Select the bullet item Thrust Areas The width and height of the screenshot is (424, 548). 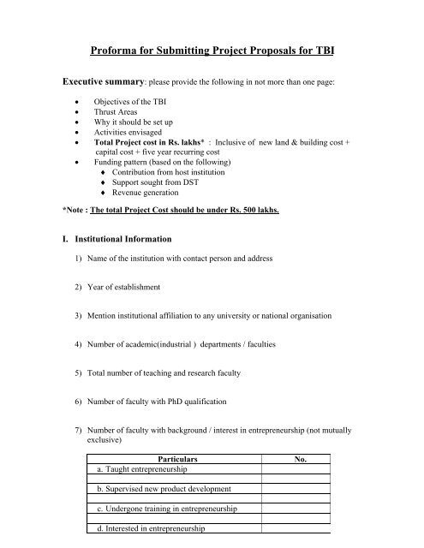(x=128, y=122)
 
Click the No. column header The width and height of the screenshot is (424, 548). (x=301, y=459)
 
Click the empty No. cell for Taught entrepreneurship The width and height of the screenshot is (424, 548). (x=301, y=470)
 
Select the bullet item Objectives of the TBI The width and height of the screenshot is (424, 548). (x=136, y=110)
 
